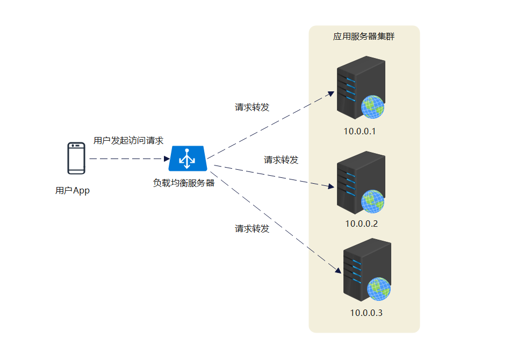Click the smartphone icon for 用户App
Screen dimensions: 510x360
click(x=76, y=158)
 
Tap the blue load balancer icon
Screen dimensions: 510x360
click(x=188, y=159)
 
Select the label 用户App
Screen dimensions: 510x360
click(x=72, y=191)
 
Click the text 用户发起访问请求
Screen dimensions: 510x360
click(x=128, y=140)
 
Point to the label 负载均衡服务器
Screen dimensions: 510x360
click(x=184, y=183)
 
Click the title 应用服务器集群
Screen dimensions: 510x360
click(x=364, y=37)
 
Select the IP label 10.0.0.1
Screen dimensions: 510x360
click(x=360, y=132)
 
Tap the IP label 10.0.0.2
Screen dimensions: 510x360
click(x=361, y=224)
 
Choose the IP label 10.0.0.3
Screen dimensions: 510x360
click(x=366, y=313)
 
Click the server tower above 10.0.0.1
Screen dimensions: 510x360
click(x=361, y=88)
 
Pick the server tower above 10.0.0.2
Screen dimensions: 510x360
click(x=361, y=183)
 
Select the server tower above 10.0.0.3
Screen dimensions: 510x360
click(x=367, y=270)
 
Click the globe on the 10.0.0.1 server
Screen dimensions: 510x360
click(x=373, y=107)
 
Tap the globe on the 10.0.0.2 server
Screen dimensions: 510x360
click(x=373, y=201)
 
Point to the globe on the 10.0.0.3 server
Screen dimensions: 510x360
click(x=379, y=289)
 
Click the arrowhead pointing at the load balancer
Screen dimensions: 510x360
click(x=167, y=159)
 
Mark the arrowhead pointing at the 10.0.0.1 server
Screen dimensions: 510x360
click(x=332, y=94)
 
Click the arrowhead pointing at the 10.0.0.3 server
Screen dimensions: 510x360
click(x=338, y=271)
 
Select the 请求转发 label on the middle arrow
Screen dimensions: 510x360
click(x=281, y=160)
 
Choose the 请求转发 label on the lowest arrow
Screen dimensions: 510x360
click(x=252, y=229)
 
